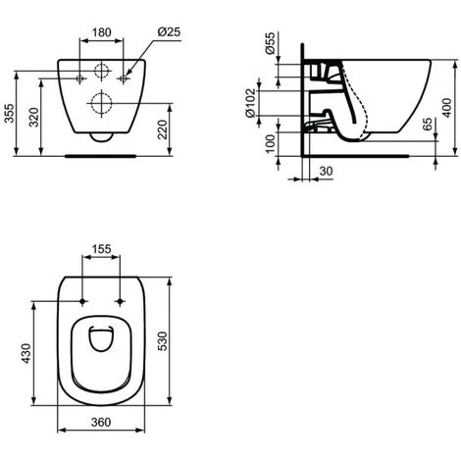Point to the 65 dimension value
click(x=427, y=127)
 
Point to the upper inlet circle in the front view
click(x=102, y=70)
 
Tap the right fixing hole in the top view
click(x=122, y=300)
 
